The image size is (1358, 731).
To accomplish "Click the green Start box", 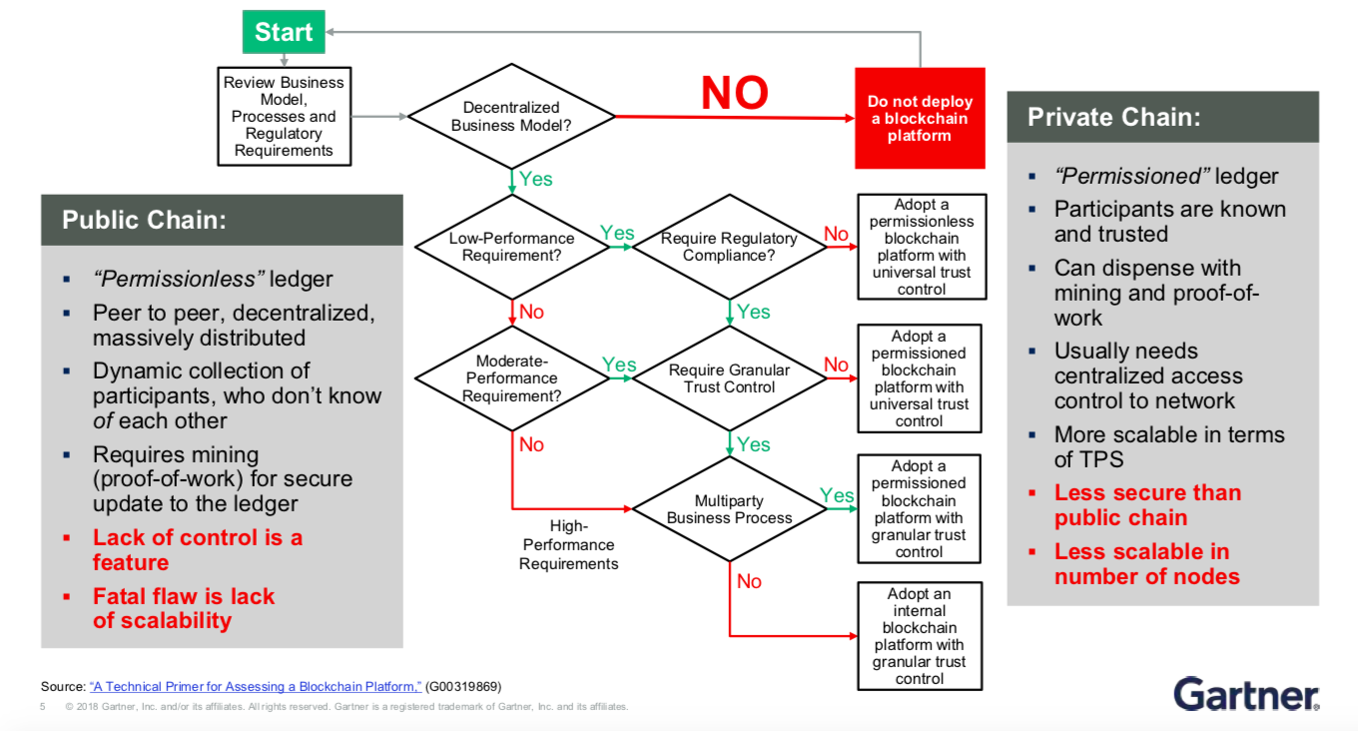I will pos(284,32).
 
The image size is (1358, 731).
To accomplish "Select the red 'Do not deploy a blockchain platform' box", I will pos(920,119).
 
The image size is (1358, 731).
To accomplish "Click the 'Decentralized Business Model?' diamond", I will pos(511,116).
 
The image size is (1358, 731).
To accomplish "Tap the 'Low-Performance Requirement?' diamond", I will pos(511,247).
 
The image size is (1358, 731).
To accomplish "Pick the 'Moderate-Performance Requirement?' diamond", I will pos(511,378).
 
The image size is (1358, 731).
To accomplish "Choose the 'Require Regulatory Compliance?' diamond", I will pos(729,247).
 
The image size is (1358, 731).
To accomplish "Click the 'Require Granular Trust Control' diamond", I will pos(729,378).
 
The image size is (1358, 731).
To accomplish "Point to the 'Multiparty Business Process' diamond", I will pos(729,509).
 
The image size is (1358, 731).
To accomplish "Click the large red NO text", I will pos(735,94).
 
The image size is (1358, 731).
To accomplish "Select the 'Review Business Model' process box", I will pos(284,117).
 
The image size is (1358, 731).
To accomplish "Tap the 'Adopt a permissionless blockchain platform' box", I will pos(921,247).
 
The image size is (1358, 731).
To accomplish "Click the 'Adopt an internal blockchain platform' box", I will pos(920,636).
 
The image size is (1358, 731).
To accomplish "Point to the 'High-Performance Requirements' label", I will pos(568,544).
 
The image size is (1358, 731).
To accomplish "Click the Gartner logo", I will pos(1246,693).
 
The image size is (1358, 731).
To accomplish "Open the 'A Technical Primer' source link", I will pos(256,687).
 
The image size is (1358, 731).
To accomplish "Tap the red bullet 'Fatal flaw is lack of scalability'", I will pos(183,608).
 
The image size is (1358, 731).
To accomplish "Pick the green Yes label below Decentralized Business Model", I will pos(536,179).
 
